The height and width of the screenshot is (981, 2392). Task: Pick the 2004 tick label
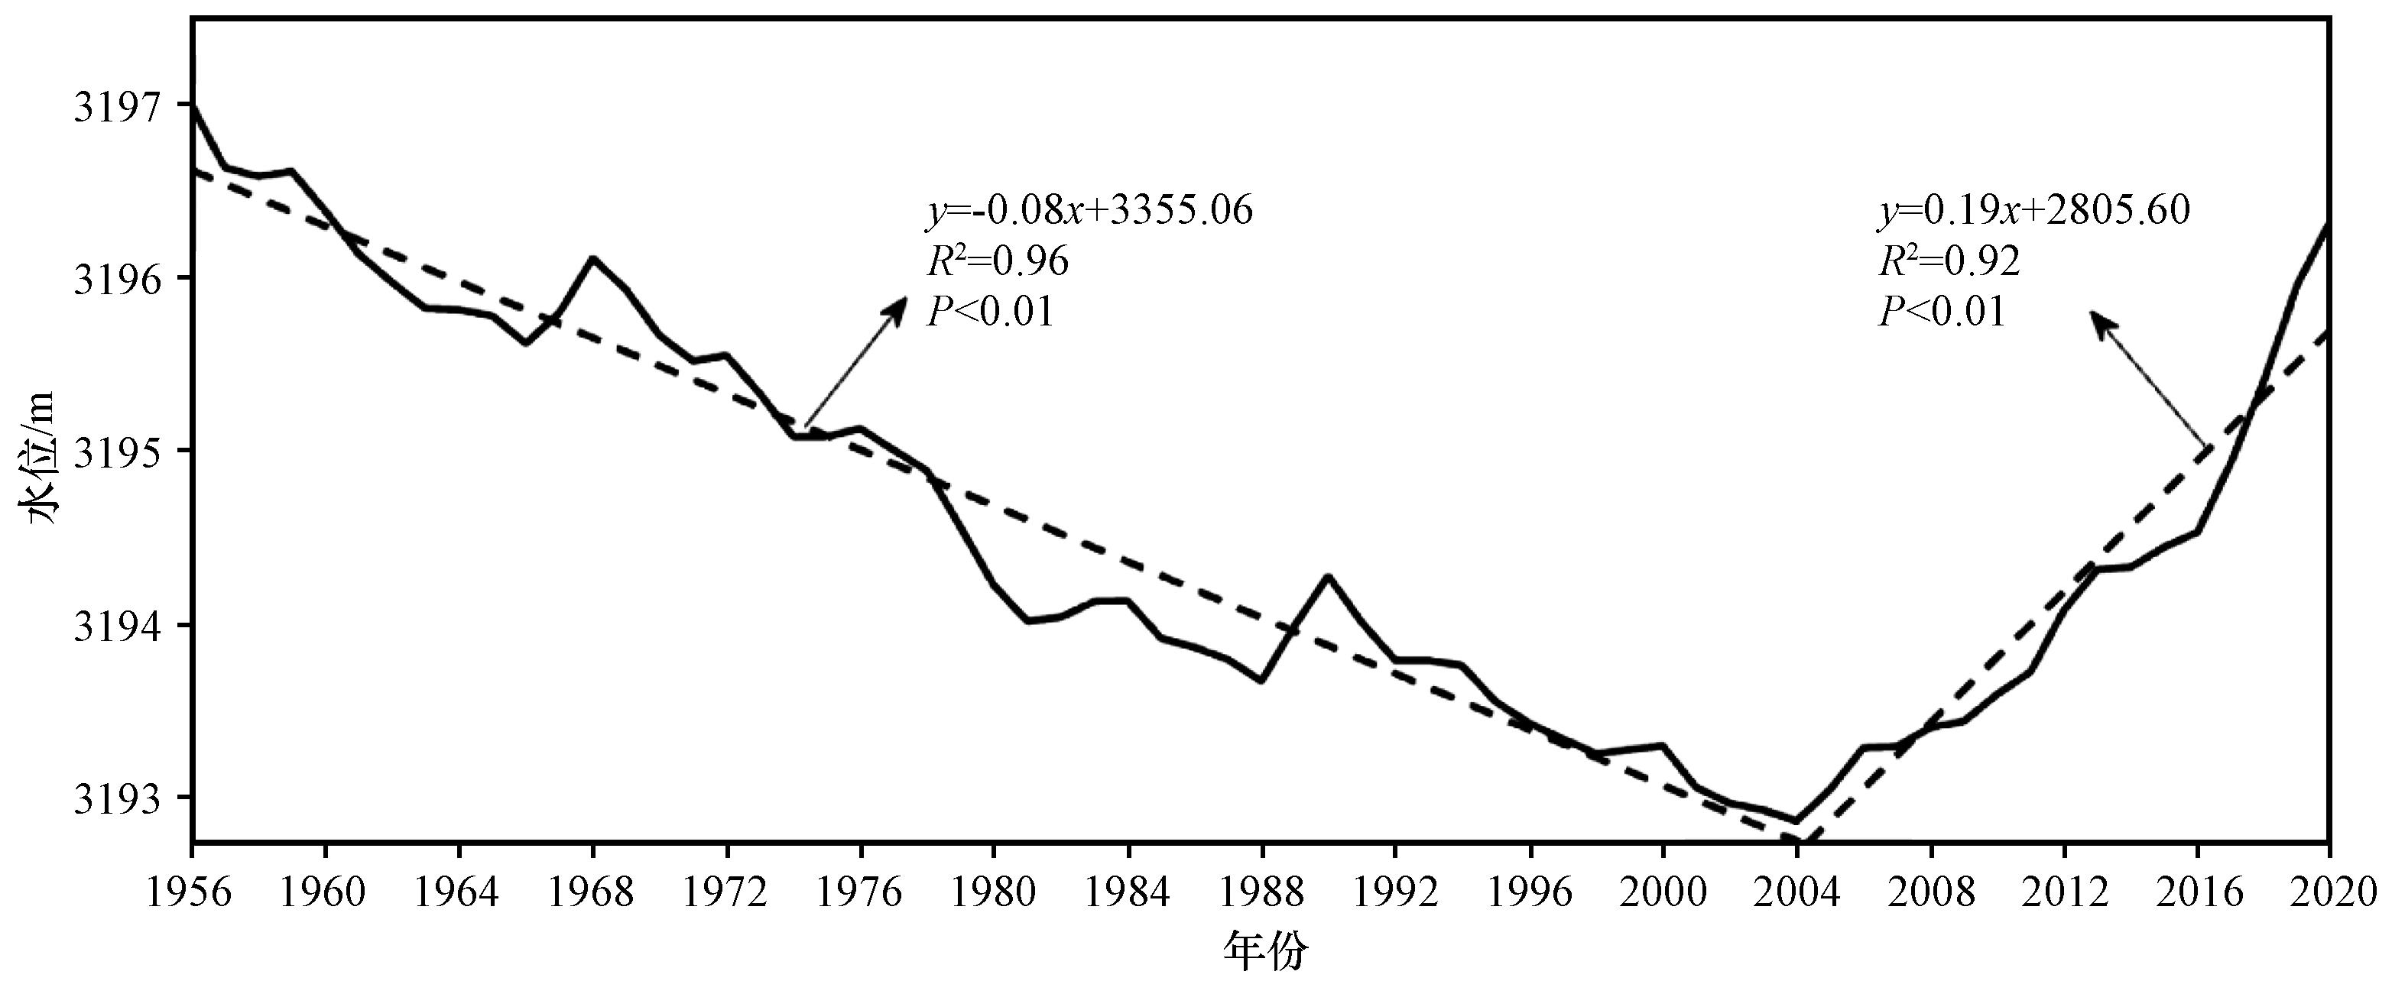click(1796, 893)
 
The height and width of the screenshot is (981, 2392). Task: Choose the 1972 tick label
click(727, 893)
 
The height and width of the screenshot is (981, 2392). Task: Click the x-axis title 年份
click(1266, 951)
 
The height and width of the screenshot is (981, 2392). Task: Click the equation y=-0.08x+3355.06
click(1089, 211)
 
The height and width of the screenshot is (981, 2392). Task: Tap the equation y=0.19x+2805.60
click(2033, 211)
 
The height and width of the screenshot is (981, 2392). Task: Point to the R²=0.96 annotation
click(998, 262)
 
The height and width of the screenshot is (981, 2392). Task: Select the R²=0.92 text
click(1949, 262)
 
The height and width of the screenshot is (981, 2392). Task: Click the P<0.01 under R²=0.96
click(990, 312)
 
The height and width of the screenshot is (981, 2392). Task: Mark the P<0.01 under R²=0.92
click(1942, 312)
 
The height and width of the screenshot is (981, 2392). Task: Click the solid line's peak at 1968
click(593, 258)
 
